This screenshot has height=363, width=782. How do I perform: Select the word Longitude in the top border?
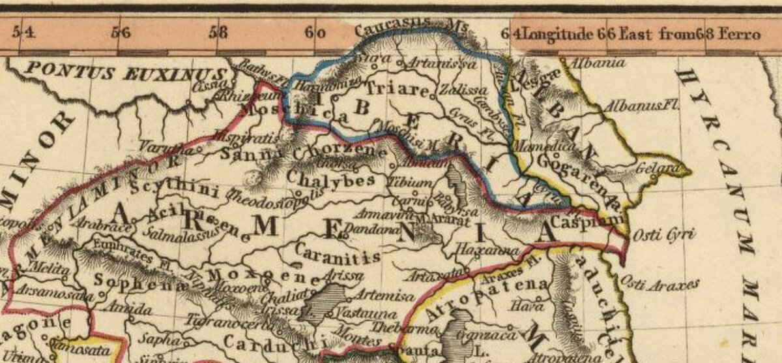(558, 33)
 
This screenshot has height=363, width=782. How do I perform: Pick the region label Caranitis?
(337, 251)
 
